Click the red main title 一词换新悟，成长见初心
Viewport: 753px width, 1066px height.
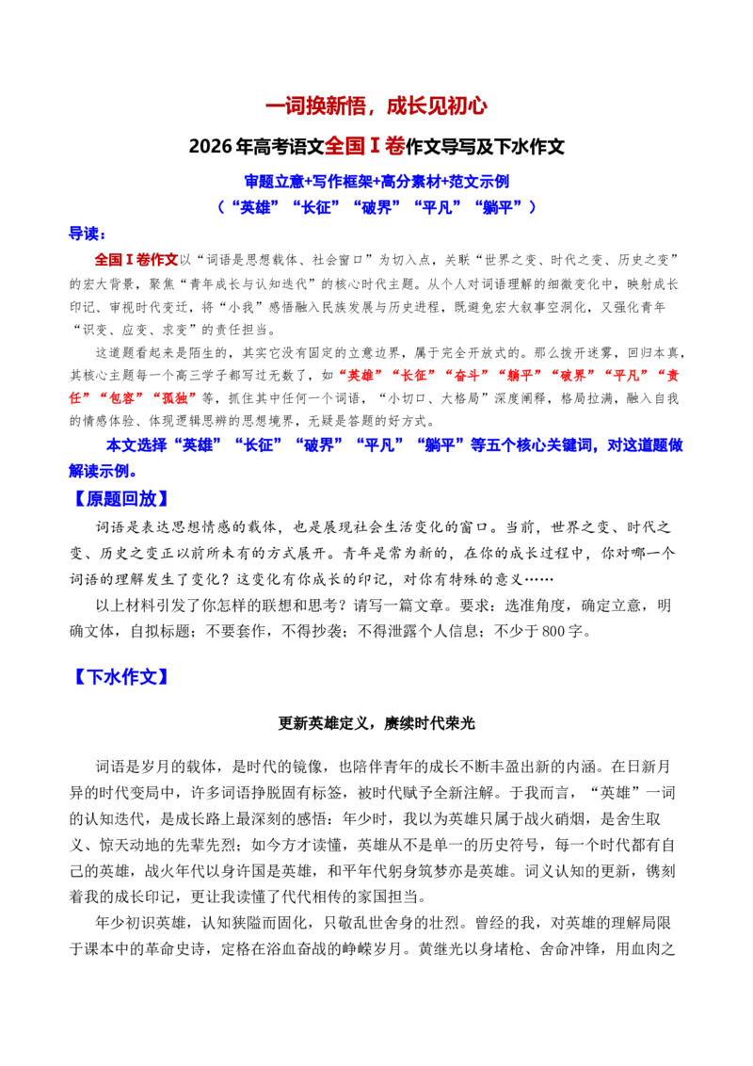pos(376,106)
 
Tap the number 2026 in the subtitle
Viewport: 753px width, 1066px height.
pos(211,147)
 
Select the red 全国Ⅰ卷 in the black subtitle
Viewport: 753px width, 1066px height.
pos(365,146)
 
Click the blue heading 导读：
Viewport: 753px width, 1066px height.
pos(88,234)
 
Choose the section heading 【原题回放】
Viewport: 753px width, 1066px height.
pos(120,498)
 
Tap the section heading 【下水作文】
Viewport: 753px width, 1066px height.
pos(120,676)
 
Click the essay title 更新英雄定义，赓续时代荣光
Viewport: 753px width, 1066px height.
pos(376,723)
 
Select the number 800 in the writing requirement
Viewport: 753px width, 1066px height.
pos(553,632)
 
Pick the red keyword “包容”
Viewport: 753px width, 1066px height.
pos(122,398)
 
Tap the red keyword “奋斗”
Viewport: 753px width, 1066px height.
pos(469,376)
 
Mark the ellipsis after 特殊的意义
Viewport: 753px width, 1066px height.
pos(538,579)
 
